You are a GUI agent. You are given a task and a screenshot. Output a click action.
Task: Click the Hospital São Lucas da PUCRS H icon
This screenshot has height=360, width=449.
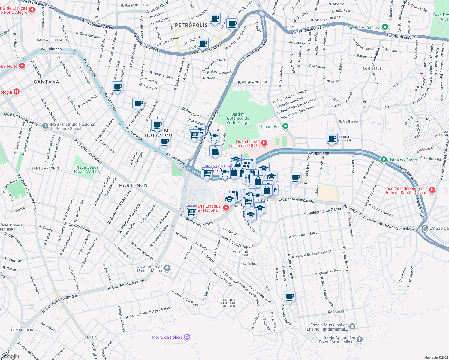[264, 143]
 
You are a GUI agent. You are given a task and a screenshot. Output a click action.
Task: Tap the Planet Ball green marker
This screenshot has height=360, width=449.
[286, 126]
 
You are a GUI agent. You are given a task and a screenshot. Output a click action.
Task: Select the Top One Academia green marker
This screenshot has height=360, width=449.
[385, 27]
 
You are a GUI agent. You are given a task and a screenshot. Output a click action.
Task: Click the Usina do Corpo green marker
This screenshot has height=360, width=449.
[384, 160]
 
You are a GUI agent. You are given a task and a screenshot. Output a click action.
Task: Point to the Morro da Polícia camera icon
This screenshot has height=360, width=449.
[187, 337]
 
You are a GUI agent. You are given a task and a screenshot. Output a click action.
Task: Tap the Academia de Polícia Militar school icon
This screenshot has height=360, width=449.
[167, 268]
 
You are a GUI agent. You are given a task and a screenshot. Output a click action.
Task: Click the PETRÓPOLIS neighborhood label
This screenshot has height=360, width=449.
[191, 25]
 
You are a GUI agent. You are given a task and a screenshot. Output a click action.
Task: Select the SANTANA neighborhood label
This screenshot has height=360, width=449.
[47, 82]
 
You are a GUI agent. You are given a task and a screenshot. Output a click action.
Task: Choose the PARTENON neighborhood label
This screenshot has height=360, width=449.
[134, 185]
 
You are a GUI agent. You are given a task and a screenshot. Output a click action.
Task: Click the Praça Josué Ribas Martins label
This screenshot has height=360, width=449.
[87, 169]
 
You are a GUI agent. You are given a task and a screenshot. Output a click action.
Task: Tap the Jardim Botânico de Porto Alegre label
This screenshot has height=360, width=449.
[238, 118]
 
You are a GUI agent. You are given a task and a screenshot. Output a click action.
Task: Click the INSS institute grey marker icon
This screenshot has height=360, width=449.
[45, 126]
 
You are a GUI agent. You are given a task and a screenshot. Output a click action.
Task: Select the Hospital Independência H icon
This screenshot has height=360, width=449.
[432, 190]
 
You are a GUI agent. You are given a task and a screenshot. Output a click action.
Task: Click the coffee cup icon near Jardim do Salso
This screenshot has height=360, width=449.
[332, 138]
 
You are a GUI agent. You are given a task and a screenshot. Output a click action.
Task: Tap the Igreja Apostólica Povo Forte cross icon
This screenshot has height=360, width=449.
[360, 339]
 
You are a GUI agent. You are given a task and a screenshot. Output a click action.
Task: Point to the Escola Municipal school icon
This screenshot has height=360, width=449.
[352, 326]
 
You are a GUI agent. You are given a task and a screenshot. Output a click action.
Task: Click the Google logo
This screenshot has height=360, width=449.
[10, 356]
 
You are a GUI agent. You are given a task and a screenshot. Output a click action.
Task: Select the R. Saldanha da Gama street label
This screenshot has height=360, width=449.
[322, 211]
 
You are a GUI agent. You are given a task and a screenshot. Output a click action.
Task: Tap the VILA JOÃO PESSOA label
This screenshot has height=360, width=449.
[242, 253]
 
